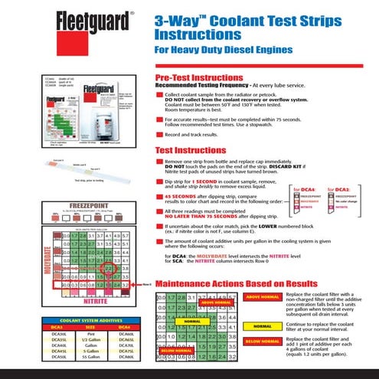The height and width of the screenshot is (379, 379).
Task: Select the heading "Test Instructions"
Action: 191,150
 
